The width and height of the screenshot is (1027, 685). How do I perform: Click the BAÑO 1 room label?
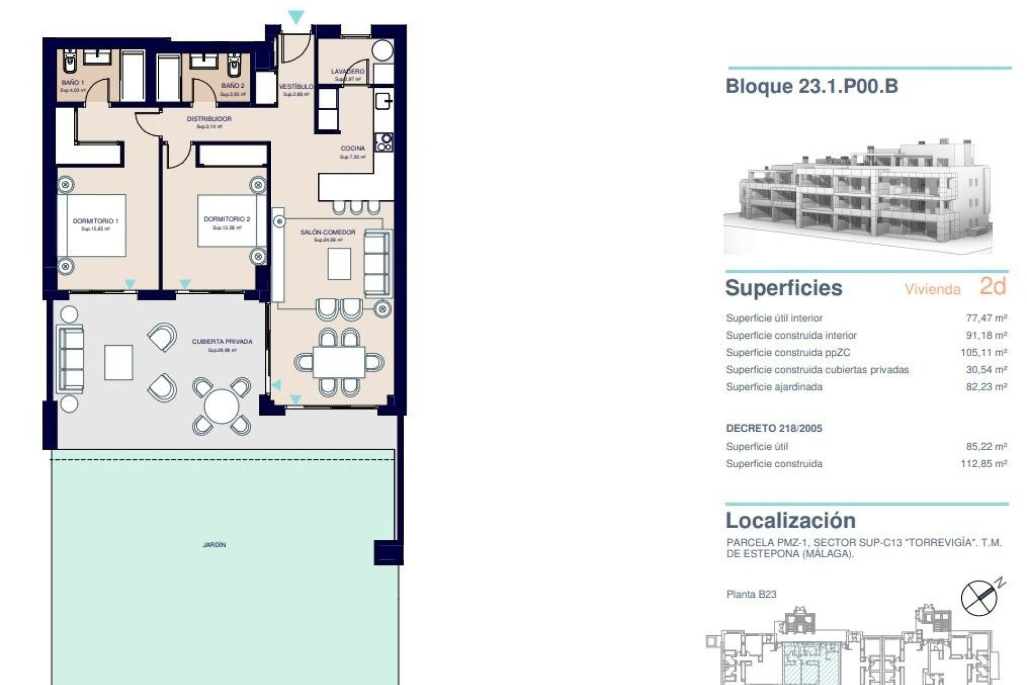[72, 82]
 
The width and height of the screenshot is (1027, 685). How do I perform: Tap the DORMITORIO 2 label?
[227, 219]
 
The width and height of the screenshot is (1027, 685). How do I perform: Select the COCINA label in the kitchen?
[353, 148]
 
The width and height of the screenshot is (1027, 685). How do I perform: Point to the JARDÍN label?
[214, 545]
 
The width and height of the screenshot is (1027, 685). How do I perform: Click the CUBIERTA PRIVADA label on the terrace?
[222, 341]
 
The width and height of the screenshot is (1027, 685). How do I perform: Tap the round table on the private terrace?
[221, 406]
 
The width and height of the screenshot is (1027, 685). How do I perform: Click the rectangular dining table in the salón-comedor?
[339, 362]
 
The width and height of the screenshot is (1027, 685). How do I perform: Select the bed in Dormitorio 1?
[92, 226]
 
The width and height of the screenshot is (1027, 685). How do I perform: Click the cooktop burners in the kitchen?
[384, 142]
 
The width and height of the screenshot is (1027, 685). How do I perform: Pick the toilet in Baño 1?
[69, 63]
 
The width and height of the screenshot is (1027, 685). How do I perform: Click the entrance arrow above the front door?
[296, 17]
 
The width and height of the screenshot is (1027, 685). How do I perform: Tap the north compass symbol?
[979, 598]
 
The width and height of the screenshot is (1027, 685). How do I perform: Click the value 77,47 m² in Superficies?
[986, 318]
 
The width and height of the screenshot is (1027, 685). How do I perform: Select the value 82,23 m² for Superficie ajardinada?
[986, 387]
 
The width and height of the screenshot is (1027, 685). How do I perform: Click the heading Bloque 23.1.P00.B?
[811, 86]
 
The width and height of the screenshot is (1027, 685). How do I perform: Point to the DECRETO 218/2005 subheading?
[773, 428]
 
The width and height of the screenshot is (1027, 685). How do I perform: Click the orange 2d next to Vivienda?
[993, 286]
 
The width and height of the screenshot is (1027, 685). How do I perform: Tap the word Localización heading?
[791, 520]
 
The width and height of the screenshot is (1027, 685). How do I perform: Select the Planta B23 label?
[751, 594]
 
